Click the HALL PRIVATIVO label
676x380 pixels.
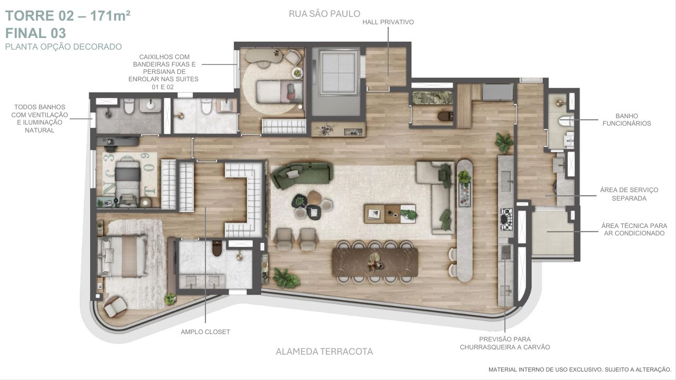(x=388, y=22)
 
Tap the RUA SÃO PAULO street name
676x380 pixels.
(x=324, y=14)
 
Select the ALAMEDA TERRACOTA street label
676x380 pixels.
(x=324, y=351)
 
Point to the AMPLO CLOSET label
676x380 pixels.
(x=205, y=332)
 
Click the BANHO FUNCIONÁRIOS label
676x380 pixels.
(x=626, y=120)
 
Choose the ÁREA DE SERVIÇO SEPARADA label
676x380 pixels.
(x=629, y=194)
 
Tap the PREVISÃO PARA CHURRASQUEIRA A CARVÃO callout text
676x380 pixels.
(x=505, y=343)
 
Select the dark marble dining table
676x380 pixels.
(x=375, y=262)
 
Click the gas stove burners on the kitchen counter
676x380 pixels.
(x=506, y=219)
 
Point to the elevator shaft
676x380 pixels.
(x=336, y=81)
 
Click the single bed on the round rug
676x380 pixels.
(x=279, y=91)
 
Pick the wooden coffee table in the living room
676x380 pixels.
(x=390, y=214)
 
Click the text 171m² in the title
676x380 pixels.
(x=110, y=16)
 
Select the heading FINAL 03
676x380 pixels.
(x=35, y=33)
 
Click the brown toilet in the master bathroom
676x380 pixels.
(x=217, y=248)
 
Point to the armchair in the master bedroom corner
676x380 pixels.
(x=116, y=306)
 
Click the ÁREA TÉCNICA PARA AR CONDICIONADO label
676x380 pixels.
(x=634, y=229)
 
